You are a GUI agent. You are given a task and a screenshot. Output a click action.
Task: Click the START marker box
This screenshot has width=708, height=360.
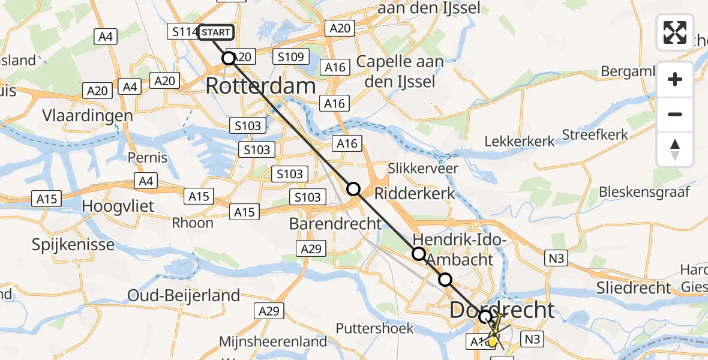pyautogui.click(x=215, y=32)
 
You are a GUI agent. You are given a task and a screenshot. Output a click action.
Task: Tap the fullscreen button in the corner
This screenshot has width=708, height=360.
pyautogui.click(x=675, y=32)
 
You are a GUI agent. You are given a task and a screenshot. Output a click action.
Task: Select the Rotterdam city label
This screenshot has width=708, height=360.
pyautogui.click(x=260, y=86)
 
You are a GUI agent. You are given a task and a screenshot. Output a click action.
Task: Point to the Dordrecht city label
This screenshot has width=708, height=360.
pyautogui.click(x=502, y=310)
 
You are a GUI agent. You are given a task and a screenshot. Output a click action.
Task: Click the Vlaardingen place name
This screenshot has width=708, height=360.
pyautogui.click(x=88, y=115)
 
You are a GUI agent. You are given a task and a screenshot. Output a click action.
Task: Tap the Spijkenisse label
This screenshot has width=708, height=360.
pyautogui.click(x=74, y=245)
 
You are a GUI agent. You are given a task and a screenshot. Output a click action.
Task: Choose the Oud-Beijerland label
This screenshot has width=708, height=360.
pyautogui.click(x=184, y=295)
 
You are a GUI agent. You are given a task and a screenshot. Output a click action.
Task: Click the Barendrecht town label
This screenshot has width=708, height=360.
pyautogui.click(x=335, y=224)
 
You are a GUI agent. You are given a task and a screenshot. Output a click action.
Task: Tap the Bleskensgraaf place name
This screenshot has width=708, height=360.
pyautogui.click(x=644, y=192)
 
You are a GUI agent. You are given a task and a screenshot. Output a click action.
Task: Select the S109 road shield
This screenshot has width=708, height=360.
pyautogui.click(x=291, y=57)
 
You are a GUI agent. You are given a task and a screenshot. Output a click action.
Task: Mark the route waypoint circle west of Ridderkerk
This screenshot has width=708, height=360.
pyautogui.click(x=353, y=190)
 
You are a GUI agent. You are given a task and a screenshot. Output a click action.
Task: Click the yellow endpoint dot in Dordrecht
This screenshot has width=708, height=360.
pyautogui.click(x=493, y=342)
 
